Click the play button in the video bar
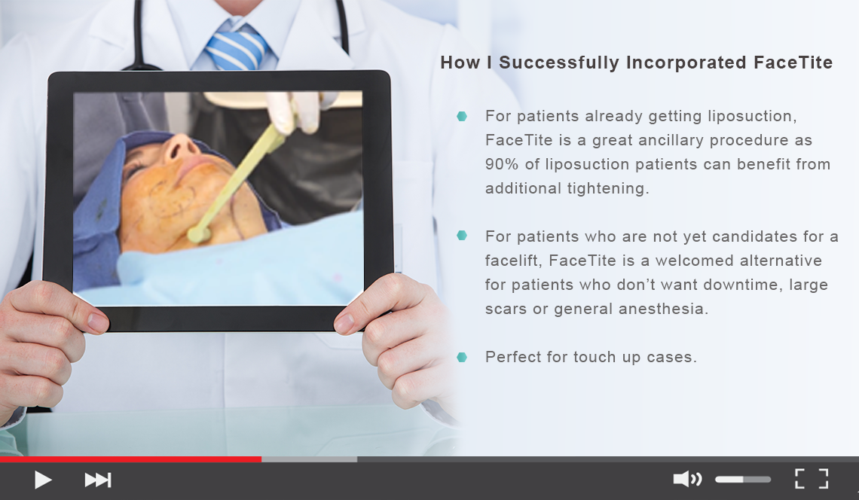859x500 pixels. point(42,480)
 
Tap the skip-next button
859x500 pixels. point(98,480)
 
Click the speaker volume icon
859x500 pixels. point(687,479)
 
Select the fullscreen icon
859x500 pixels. point(812,479)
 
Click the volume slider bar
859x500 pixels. point(743,479)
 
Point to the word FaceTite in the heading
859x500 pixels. point(793,62)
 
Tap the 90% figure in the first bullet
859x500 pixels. point(501,164)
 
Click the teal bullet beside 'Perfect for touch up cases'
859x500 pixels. point(462,357)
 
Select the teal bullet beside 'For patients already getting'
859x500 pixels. point(462,116)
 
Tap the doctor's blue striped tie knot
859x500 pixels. point(237,48)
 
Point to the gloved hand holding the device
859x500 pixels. point(293,111)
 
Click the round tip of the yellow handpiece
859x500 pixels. point(197,235)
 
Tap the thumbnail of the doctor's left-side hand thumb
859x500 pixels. point(97,322)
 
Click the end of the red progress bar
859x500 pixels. point(261,459)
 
